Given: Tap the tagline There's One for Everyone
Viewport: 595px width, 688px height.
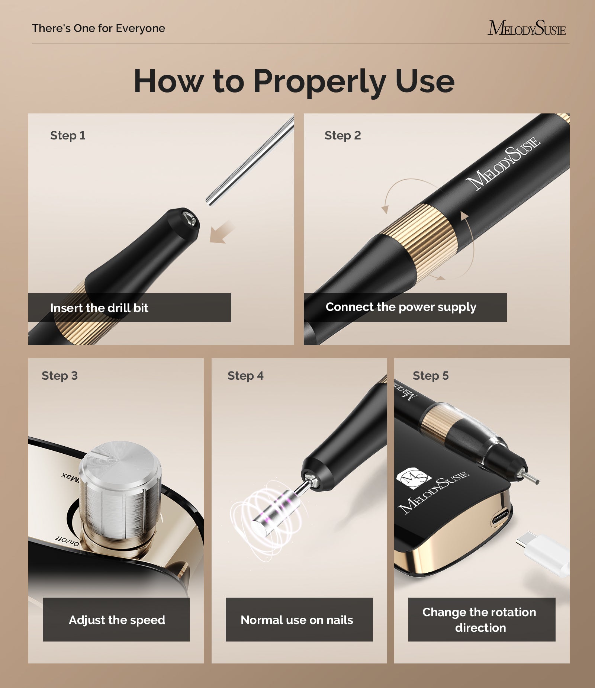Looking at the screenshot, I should click(x=98, y=28).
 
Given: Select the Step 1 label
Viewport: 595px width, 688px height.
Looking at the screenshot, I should click(x=68, y=135).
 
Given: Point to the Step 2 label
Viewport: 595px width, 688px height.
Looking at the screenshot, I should click(x=342, y=135).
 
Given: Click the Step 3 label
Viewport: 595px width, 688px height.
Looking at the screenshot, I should click(x=59, y=376).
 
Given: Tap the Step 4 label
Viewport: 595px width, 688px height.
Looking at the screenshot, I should click(x=245, y=376).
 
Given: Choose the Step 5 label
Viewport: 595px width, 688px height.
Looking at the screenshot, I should click(x=431, y=376).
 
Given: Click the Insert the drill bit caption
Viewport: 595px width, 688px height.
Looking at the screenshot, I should click(x=99, y=308).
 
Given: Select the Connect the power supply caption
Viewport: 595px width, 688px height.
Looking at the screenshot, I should click(x=401, y=307).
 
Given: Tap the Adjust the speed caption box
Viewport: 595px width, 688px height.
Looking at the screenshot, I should click(x=116, y=620).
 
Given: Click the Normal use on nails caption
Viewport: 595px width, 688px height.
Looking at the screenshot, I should click(x=297, y=620).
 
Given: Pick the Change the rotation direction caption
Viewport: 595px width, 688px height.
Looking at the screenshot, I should click(x=480, y=620).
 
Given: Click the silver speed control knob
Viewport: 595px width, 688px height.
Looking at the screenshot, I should click(x=120, y=491).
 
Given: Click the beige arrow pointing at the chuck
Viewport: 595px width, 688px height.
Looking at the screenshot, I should click(x=222, y=232).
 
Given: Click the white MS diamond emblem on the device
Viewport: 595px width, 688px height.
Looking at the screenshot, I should click(x=414, y=477).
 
